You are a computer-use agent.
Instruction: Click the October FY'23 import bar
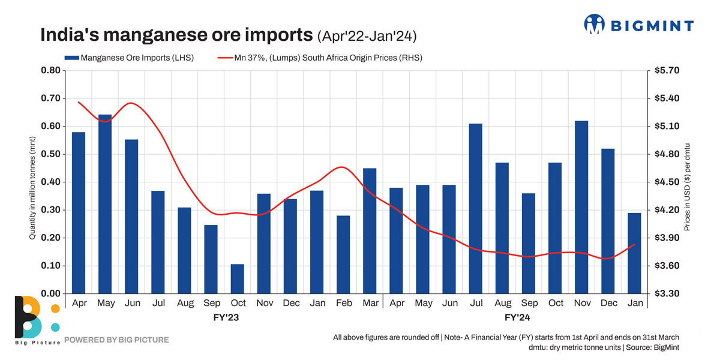point(238,279)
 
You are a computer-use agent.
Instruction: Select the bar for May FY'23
point(105,204)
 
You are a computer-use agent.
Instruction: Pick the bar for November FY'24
point(581,207)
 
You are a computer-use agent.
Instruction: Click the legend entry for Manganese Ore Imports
point(129,58)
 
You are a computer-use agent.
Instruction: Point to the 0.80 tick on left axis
point(50,70)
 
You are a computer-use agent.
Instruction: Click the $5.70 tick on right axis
point(667,70)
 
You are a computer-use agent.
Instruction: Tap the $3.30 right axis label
point(667,293)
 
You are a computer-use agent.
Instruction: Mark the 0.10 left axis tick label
point(50,266)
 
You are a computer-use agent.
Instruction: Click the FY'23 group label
point(226,317)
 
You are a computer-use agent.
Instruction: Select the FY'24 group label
point(517,317)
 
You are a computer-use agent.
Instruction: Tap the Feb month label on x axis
point(344,304)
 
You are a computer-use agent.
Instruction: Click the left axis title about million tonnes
point(33,187)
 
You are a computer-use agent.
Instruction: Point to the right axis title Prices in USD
point(688,187)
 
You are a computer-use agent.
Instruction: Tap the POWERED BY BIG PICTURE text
point(116,340)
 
